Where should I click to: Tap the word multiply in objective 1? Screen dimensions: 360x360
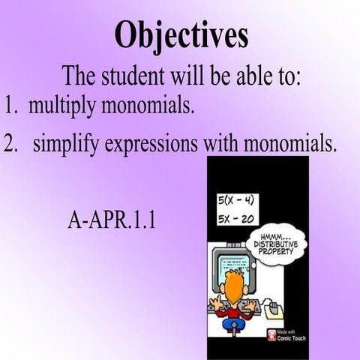click(56, 105)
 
